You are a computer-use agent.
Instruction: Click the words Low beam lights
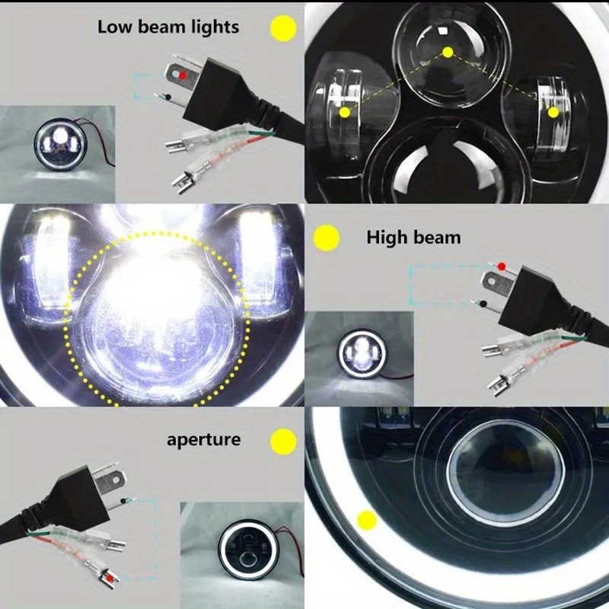[168, 27]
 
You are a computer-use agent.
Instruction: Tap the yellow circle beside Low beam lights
[283, 28]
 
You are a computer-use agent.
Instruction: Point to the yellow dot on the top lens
[448, 52]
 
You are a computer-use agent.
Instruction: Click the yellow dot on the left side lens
[345, 112]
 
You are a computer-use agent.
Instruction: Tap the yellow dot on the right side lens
[553, 112]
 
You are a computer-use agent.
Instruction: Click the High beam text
[413, 238]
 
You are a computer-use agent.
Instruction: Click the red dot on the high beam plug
[501, 266]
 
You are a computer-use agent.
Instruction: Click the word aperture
[203, 439]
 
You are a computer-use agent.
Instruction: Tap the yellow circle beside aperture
[283, 441]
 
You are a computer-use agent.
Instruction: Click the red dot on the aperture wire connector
[111, 580]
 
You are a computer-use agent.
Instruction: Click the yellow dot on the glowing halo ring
[368, 521]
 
